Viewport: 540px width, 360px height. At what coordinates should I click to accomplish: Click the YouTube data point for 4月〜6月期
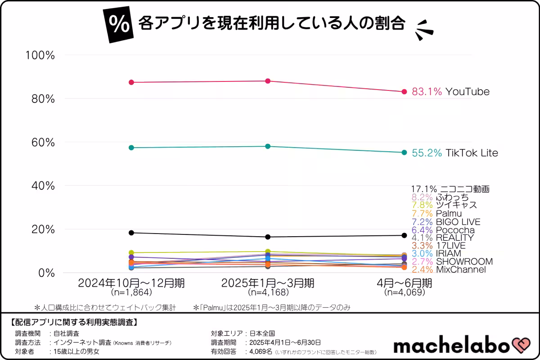[x=404, y=92]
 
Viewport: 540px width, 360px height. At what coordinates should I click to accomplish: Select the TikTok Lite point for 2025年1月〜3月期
[x=268, y=146]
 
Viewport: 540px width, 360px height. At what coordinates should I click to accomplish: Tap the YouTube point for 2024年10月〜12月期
[x=131, y=82]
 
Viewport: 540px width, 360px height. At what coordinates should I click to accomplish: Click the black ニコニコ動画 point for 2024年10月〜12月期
[x=131, y=233]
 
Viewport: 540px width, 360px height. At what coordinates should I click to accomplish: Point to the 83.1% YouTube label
[x=450, y=92]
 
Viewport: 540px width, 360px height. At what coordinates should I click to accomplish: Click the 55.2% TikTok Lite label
[x=455, y=153]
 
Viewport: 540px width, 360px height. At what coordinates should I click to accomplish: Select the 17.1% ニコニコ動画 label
[x=450, y=189]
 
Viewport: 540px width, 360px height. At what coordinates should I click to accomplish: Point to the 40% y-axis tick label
[x=43, y=185]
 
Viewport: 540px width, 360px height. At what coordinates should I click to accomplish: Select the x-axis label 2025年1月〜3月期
[x=268, y=283]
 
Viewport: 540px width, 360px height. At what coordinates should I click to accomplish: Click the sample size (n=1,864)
[x=131, y=292]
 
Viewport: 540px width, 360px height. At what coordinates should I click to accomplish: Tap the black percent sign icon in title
[x=118, y=25]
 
